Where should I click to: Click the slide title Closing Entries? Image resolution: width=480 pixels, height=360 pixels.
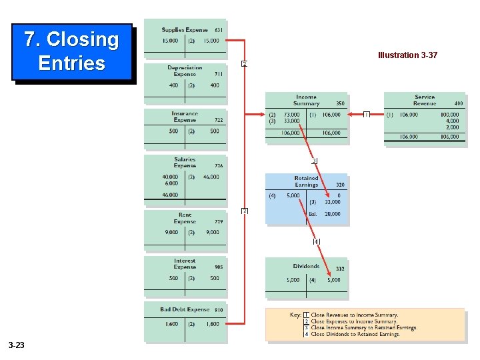[x=71, y=51]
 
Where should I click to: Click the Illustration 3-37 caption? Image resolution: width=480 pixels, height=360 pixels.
[x=407, y=55]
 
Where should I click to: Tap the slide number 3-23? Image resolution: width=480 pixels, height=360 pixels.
[x=17, y=345]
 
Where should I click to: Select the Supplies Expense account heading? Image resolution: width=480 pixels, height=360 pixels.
[x=185, y=30]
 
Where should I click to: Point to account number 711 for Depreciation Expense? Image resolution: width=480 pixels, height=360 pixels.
[x=218, y=75]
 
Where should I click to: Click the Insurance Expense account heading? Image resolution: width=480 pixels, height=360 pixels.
[x=185, y=117]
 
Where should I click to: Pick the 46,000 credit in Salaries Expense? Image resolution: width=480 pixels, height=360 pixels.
[x=211, y=177]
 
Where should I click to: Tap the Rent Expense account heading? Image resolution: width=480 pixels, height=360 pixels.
[x=185, y=218]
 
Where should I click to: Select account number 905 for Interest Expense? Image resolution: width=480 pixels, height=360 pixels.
[x=219, y=267]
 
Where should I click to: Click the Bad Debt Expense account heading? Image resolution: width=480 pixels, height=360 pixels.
[x=185, y=309]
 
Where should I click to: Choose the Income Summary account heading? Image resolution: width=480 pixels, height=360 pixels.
[x=306, y=100]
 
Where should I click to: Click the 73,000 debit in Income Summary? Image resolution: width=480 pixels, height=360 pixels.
[x=292, y=115]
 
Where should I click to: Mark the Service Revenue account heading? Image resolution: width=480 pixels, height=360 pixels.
[x=424, y=100]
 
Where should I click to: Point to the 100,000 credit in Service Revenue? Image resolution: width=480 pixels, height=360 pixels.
[x=449, y=115]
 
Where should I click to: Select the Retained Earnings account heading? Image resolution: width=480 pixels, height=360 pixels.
[x=306, y=181]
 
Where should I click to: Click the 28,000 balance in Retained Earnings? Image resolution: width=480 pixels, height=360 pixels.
[x=332, y=214]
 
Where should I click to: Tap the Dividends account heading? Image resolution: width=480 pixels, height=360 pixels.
[x=306, y=266]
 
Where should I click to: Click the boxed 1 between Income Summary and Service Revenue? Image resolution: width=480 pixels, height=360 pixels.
[x=367, y=115]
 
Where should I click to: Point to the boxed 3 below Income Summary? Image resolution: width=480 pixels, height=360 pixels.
[x=314, y=161]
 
